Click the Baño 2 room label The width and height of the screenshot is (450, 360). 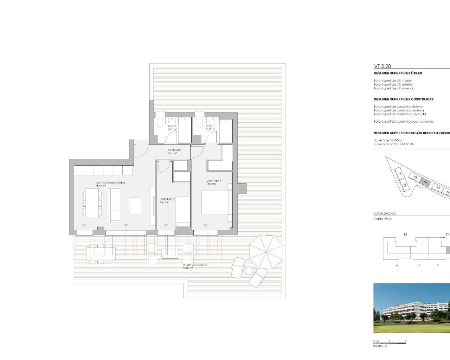(172, 128)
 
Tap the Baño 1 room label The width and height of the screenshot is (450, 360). (210, 128)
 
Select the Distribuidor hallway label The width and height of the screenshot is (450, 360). (174, 152)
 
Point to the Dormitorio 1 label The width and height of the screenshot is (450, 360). (213, 182)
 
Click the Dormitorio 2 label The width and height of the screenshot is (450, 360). (167, 200)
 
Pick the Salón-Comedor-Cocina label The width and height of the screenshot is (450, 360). (110, 184)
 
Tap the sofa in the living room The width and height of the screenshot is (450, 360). (114, 205)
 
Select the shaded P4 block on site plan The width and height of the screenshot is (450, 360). (425, 182)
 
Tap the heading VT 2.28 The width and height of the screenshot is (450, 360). (382, 66)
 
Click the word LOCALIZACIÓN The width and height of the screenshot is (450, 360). (385, 213)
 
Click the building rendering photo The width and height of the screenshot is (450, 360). (411, 308)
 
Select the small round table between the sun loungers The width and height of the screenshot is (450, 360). (249, 270)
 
